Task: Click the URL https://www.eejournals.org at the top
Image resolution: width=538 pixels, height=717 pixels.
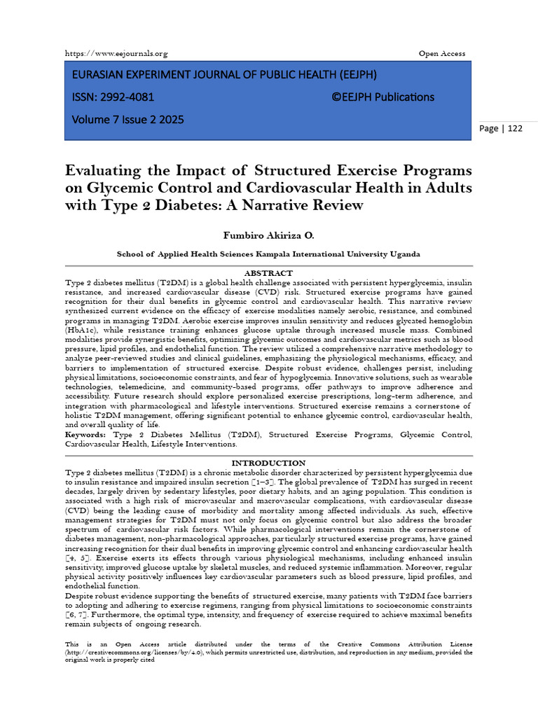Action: click(x=116, y=54)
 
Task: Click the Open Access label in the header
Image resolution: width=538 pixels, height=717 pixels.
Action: click(x=441, y=54)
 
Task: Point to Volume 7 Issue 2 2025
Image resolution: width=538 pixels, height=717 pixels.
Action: click(x=128, y=120)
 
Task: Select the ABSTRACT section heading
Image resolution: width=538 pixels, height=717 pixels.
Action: click(x=268, y=273)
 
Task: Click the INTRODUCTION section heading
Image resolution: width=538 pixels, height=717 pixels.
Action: click(x=268, y=463)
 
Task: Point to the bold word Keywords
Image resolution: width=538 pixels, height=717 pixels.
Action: click(x=85, y=435)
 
